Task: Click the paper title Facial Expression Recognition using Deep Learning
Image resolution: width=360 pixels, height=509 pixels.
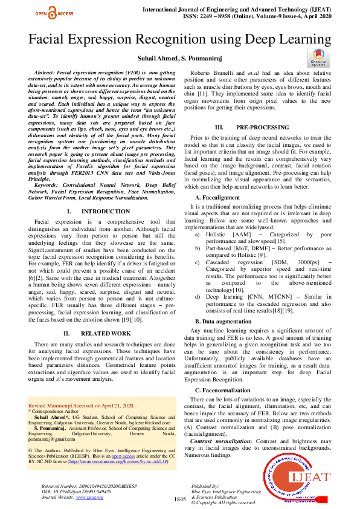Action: click(x=179, y=40)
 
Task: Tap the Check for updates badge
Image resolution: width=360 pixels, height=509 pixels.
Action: click(x=318, y=58)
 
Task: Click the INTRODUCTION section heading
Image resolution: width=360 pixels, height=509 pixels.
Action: click(x=97, y=212)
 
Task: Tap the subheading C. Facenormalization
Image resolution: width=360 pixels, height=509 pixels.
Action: click(x=225, y=391)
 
